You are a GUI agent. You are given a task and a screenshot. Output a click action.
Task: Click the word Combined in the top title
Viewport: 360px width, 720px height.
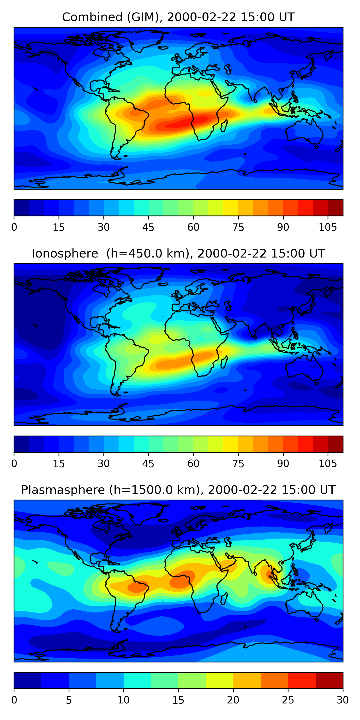(x=92, y=17)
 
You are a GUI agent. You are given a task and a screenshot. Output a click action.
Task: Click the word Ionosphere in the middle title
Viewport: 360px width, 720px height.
(x=65, y=253)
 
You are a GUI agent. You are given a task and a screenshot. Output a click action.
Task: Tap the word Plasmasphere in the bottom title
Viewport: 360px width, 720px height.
(x=63, y=490)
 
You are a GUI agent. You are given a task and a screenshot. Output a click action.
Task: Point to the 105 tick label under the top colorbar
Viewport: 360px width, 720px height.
(x=328, y=227)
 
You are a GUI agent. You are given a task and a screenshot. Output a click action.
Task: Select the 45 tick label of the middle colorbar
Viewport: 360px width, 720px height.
(x=148, y=464)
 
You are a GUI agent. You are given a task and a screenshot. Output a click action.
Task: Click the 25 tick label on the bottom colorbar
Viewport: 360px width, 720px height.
(x=288, y=700)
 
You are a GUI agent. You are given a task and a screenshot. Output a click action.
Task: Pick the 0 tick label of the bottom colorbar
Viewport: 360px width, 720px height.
(x=14, y=700)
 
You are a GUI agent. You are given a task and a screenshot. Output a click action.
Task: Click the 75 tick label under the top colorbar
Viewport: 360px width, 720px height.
(x=238, y=227)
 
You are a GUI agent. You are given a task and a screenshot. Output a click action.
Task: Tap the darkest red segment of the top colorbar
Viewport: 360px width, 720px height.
(x=336, y=208)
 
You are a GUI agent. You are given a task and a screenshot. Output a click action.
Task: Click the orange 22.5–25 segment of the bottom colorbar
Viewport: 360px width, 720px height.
(x=274, y=680)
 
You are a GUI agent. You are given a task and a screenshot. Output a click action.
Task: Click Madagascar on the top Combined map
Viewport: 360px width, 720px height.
(x=224, y=126)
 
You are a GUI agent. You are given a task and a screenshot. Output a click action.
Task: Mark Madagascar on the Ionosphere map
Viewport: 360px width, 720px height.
(x=224, y=362)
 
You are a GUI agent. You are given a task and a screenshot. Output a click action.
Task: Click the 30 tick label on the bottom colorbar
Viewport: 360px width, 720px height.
(x=343, y=700)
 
